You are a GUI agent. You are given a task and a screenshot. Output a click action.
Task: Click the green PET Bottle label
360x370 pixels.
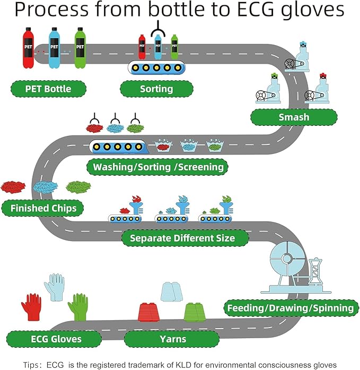pyautogui.click(x=48, y=88)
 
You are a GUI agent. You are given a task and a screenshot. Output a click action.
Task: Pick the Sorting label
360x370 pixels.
pyautogui.click(x=156, y=88)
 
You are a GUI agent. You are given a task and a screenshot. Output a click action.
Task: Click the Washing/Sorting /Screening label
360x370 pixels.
pyautogui.click(x=157, y=167)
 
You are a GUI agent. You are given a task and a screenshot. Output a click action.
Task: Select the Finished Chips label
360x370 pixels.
pyautogui.click(x=43, y=208)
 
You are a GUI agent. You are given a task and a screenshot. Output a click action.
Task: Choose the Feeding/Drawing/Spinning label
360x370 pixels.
pyautogui.click(x=290, y=307)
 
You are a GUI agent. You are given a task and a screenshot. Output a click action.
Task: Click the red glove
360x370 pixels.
pyautogui.click(x=31, y=307)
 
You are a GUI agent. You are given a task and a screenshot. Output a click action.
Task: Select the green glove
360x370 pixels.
pyautogui.click(x=78, y=307)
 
